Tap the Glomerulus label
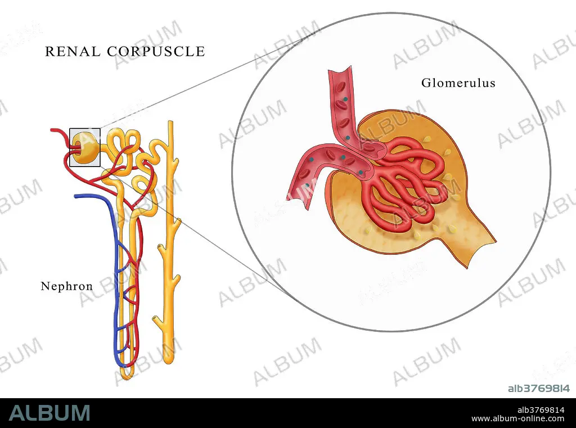(458, 83)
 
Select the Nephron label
(66, 286)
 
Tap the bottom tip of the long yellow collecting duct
(168, 358)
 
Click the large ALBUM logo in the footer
(49, 412)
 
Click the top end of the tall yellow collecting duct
(169, 124)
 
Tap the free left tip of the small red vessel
(52, 130)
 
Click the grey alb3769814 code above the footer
(538, 388)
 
